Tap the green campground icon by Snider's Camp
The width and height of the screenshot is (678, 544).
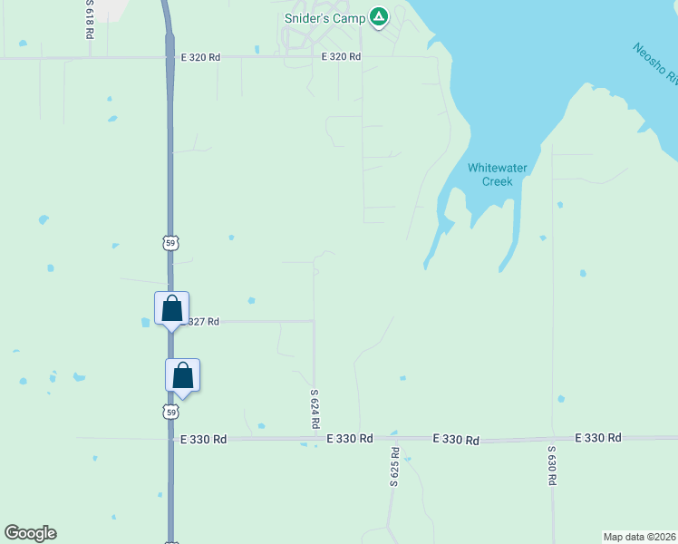pyautogui.click(x=379, y=17)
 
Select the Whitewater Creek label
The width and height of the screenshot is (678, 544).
pyautogui.click(x=490, y=174)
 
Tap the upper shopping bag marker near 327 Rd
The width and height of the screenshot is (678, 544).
pyautogui.click(x=171, y=309)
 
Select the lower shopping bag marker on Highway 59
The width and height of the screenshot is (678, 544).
pyautogui.click(x=182, y=376)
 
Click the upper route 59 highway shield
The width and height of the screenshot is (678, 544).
pyautogui.click(x=170, y=243)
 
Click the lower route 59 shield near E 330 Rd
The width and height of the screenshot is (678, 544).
pyautogui.click(x=170, y=413)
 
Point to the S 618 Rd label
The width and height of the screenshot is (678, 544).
pyautogui.click(x=90, y=18)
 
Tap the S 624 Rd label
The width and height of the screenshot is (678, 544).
pyautogui.click(x=315, y=409)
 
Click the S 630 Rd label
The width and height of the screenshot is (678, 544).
pyautogui.click(x=551, y=465)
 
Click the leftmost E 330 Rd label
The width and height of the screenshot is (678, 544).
pyautogui.click(x=203, y=439)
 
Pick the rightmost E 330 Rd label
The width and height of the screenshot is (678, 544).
pyautogui.click(x=598, y=438)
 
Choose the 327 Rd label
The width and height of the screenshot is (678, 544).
pyautogui.click(x=203, y=321)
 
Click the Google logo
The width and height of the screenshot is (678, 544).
pyautogui.click(x=30, y=533)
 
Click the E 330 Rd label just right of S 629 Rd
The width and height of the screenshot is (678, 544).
pyautogui.click(x=456, y=439)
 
